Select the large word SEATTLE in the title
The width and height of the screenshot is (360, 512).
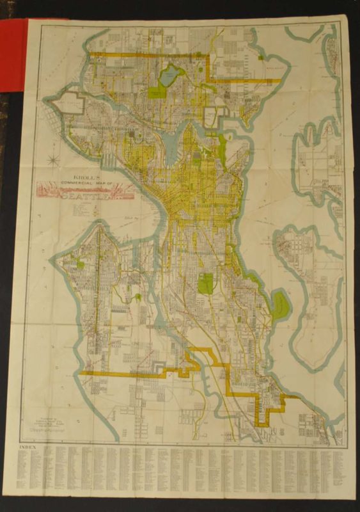point(86,196)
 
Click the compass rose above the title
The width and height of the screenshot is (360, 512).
point(57,157)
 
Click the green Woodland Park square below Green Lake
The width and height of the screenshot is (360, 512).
point(157,92)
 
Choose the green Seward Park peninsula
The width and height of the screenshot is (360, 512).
point(279,306)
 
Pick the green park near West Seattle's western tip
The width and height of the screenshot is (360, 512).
point(81,262)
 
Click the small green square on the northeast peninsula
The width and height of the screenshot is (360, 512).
point(263,56)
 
